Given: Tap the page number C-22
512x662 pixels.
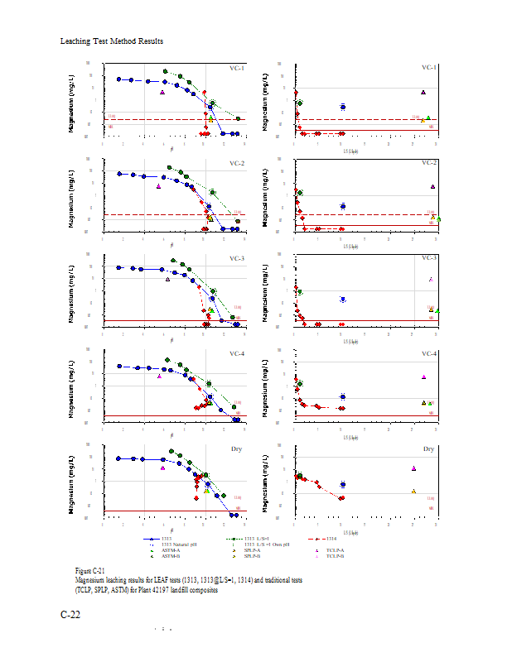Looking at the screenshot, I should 70,615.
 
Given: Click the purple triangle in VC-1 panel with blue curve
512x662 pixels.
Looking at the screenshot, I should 163,93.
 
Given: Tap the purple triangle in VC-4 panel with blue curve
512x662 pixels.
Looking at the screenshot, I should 160,377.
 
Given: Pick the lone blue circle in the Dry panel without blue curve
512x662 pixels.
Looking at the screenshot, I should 342,484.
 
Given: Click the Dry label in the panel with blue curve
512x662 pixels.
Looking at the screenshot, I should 237,449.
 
